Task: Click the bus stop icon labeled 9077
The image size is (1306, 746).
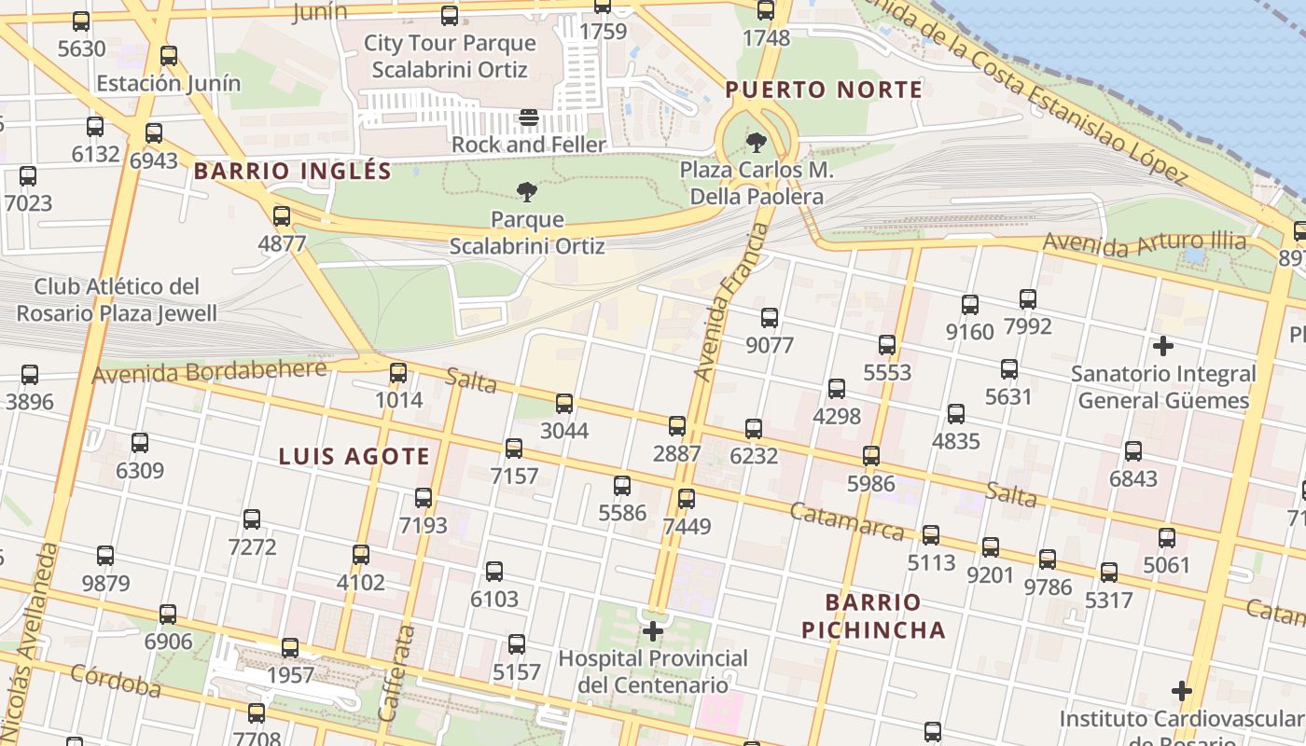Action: pyautogui.click(x=770, y=318)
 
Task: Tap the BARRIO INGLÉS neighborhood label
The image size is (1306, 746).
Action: pyautogui.click(x=293, y=172)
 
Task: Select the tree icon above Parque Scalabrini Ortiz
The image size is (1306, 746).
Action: pyautogui.click(x=527, y=193)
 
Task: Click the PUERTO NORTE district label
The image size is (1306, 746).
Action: pyautogui.click(x=824, y=90)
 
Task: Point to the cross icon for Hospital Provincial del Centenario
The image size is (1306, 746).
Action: pyautogui.click(x=653, y=631)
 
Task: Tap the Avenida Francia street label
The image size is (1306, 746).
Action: pyautogui.click(x=730, y=302)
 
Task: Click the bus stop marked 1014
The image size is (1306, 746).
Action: pyautogui.click(x=398, y=373)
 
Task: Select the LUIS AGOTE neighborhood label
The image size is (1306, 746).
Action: pyautogui.click(x=354, y=456)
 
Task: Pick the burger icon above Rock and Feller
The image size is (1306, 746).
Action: pyautogui.click(x=529, y=117)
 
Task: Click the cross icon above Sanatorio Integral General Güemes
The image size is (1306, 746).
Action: pyautogui.click(x=1162, y=346)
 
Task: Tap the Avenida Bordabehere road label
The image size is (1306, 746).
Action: pyautogui.click(x=210, y=371)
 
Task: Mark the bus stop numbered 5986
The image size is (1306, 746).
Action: pyautogui.click(x=870, y=456)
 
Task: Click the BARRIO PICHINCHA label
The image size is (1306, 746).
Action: pyautogui.click(x=873, y=615)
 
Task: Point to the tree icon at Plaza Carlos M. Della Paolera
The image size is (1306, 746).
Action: pyautogui.click(x=757, y=143)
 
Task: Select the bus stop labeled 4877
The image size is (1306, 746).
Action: pyautogui.click(x=282, y=217)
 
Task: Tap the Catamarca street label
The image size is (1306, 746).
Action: pyautogui.click(x=846, y=521)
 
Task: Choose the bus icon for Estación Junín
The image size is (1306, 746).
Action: pyautogui.click(x=169, y=56)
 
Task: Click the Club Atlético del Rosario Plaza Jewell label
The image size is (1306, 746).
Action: pyautogui.click(x=126, y=299)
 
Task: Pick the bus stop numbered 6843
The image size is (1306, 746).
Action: pyautogui.click(x=1133, y=451)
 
